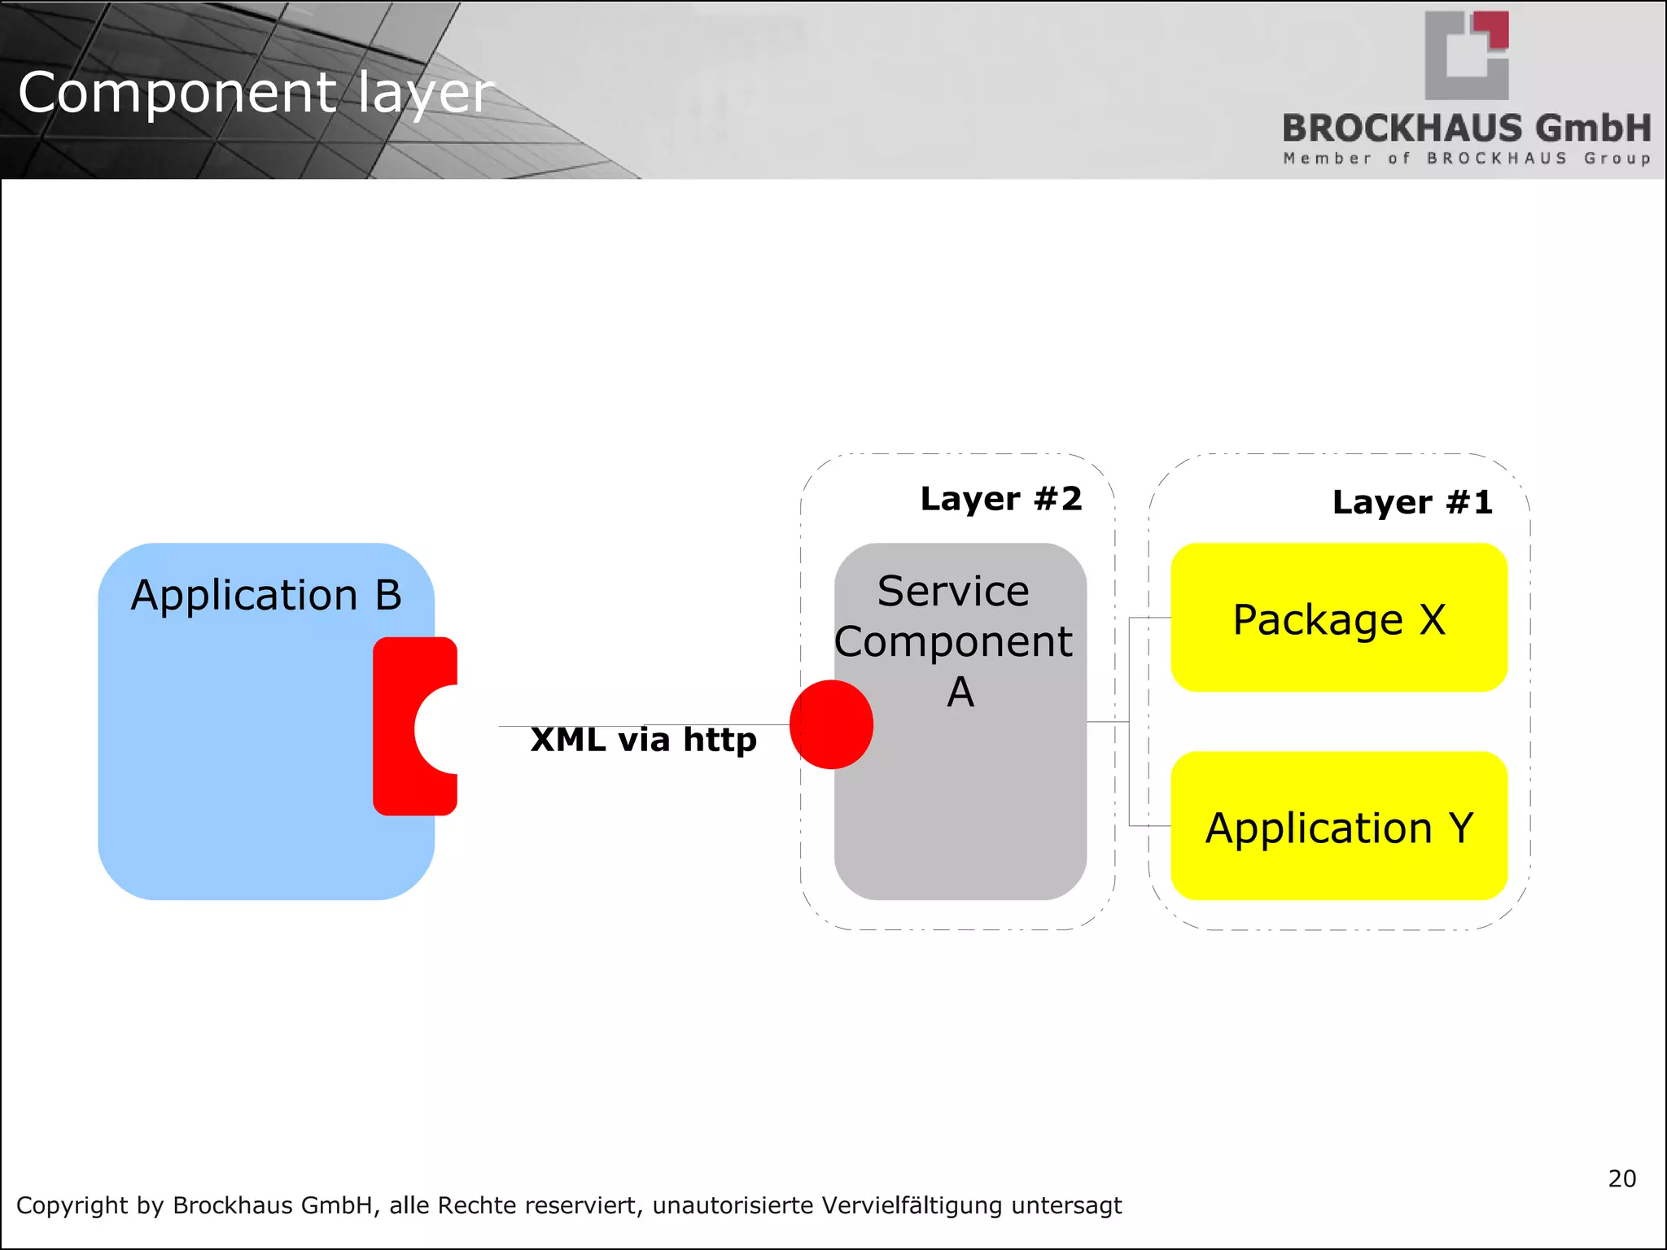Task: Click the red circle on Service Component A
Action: pos(831,724)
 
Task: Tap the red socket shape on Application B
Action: pos(395,727)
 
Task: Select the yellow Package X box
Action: pos(1338,618)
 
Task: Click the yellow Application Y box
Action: pos(1338,827)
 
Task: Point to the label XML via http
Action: pos(643,740)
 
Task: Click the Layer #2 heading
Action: pos(1000,499)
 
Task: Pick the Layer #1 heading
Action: pos(1411,502)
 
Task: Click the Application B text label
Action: pos(266,595)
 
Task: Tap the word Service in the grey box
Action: pos(952,591)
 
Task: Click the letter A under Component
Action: pos(960,693)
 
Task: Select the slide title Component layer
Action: pos(256,92)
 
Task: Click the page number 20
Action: pos(1621,1178)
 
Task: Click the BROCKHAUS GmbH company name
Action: pos(1466,129)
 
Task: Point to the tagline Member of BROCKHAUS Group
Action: pos(1466,158)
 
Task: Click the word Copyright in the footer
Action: pos(71,1205)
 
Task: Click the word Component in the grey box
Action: pos(952,642)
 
